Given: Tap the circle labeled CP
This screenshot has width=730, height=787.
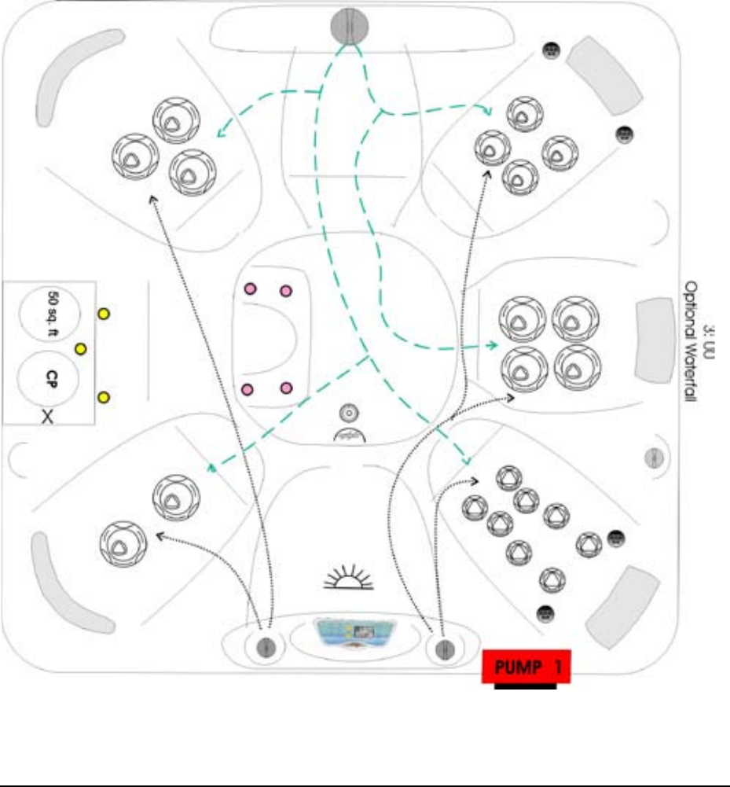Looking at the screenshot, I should [50, 377].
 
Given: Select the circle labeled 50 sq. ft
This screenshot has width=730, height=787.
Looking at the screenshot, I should [50, 308].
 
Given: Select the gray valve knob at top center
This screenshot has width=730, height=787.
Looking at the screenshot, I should [349, 25].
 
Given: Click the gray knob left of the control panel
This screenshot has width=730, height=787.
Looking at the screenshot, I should [266, 647].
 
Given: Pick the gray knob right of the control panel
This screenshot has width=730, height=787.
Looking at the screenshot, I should [443, 649].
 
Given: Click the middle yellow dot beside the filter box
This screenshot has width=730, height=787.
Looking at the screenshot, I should [80, 348].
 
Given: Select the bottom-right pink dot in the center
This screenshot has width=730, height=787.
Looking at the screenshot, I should [286, 387].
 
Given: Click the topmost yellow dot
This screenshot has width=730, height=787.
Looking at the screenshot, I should [102, 314].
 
